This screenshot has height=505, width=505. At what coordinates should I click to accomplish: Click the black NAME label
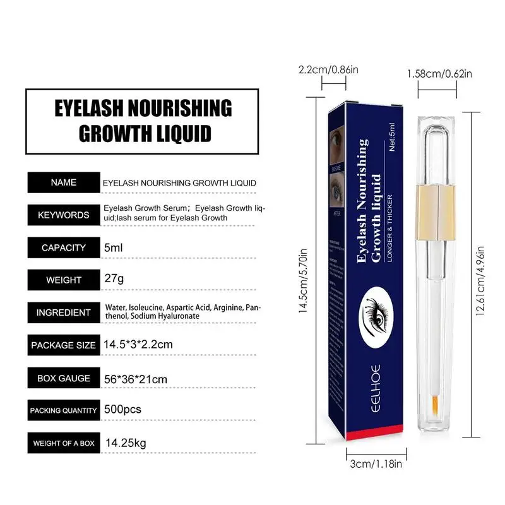pos(63,182)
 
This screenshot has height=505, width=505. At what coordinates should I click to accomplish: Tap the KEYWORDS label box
pos(63,215)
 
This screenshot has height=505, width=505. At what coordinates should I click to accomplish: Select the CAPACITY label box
pos(63,247)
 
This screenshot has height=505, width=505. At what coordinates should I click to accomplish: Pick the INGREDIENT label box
pos(63,312)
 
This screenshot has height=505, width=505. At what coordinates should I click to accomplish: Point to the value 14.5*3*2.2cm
pos(138,345)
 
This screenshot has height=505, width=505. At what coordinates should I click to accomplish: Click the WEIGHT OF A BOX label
pos(63,443)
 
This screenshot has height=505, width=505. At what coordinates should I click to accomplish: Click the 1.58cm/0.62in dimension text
pos(439,74)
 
